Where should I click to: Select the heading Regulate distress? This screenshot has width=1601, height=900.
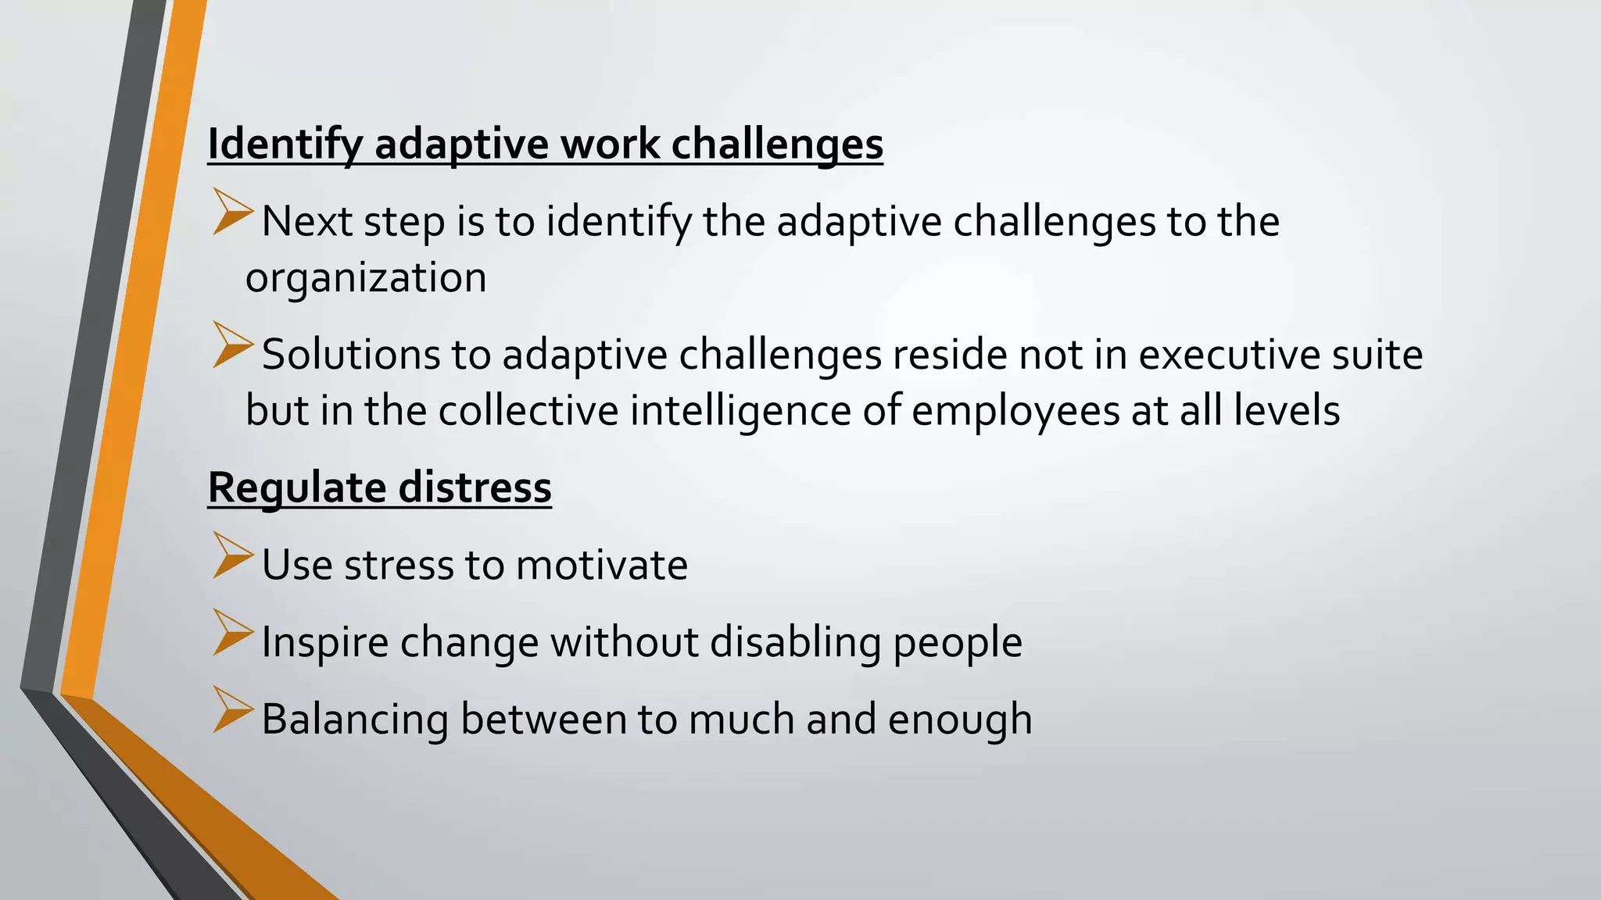tap(379, 487)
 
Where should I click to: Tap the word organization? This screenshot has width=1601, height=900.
tap(366, 278)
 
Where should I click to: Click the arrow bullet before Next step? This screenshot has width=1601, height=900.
tap(232, 212)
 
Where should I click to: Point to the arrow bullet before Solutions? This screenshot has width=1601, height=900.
tap(232, 345)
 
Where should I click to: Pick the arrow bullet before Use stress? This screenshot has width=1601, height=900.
tap(232, 555)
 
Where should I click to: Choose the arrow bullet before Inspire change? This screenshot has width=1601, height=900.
tap(232, 633)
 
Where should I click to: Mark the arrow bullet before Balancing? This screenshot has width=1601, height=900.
tap(232, 709)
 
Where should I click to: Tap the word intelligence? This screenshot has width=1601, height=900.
tap(740, 411)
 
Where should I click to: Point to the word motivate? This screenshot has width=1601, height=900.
tap(602, 565)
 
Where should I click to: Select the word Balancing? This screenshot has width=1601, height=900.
tap(355, 720)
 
